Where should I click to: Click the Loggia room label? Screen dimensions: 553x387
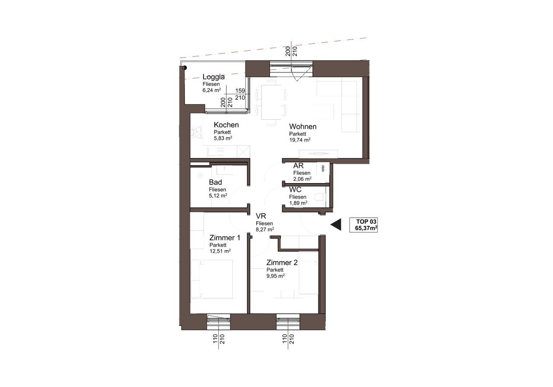[213, 77]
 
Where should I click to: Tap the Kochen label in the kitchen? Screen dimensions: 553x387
[226, 125]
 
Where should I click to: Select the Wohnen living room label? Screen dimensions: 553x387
[303, 127]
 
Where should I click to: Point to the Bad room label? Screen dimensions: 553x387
[215, 182]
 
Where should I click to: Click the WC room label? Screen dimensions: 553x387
[295, 190]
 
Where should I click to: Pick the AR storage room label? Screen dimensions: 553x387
[298, 165]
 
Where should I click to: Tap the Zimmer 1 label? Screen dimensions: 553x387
[225, 238]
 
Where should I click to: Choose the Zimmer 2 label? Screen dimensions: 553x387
[282, 263]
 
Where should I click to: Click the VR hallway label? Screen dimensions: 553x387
[261, 216]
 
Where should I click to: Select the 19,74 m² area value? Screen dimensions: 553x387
[300, 140]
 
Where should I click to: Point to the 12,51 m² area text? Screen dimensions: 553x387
[220, 251]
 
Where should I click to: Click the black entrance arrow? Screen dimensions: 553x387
[336, 225]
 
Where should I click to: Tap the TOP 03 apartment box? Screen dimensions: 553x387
[363, 225]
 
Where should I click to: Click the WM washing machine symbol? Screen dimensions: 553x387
[323, 168]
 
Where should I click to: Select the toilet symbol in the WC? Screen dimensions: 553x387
[320, 197]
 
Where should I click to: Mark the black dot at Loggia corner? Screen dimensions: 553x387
[184, 68]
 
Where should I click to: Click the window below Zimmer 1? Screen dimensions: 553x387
[219, 322]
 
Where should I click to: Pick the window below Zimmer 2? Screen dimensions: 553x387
[288, 322]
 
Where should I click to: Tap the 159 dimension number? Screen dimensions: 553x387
[240, 91]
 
